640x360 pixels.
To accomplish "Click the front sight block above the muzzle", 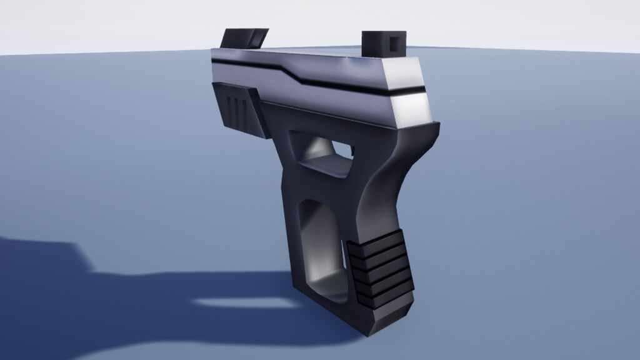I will tap(244, 37).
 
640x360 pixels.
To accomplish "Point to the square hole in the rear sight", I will tap(394, 43).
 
